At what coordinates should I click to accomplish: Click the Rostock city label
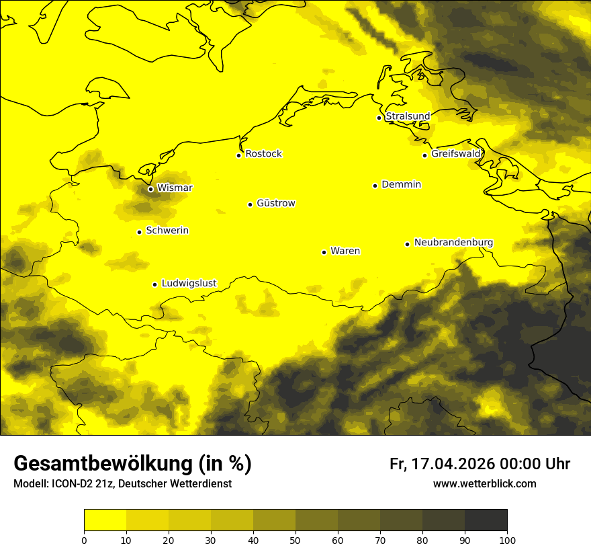point(263,154)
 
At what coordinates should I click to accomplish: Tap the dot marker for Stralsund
point(379,118)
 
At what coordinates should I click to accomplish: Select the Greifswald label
point(456,154)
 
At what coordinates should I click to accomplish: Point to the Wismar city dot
point(150,189)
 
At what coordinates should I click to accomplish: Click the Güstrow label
point(275,203)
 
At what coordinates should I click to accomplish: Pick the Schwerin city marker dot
point(139,232)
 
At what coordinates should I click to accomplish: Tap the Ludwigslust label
point(189,283)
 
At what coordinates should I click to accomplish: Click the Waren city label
point(345,251)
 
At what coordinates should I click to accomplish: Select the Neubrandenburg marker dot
point(407,244)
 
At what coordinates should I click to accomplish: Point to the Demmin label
point(401,184)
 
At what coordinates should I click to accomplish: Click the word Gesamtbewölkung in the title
point(102,464)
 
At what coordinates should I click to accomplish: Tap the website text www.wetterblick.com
point(484,484)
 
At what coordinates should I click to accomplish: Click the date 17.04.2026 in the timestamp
point(453,464)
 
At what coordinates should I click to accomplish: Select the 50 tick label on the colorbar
point(295,541)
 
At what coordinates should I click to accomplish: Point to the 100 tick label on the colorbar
point(507,541)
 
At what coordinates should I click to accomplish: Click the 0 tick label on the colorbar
point(84,541)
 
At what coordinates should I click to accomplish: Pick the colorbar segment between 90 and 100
point(486,520)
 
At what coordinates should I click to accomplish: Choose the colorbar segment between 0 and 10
point(105,520)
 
